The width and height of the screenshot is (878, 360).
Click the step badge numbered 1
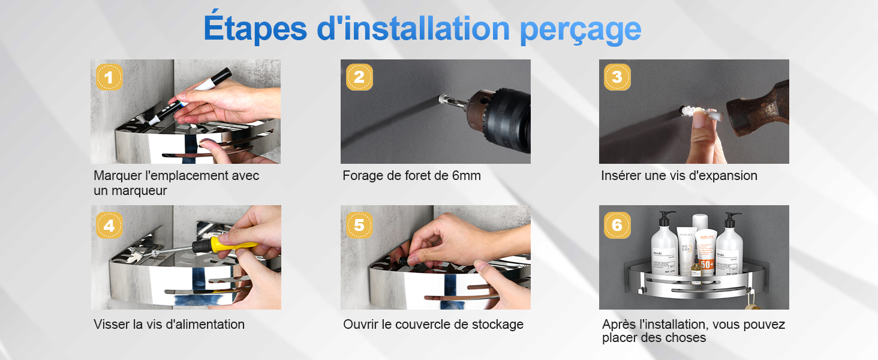point(109,77)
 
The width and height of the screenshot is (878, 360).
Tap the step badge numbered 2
point(359,77)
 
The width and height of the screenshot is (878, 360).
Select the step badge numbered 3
point(617,77)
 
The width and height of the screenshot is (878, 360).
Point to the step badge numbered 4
point(109,226)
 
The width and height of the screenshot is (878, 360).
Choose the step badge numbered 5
point(359,226)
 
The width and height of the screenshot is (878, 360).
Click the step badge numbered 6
point(617,226)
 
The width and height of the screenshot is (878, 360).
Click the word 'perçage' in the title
point(581,31)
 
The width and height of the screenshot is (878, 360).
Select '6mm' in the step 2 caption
point(467,176)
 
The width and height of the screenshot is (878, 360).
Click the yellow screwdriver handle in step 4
point(233,244)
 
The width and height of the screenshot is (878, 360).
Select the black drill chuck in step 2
point(507,119)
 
